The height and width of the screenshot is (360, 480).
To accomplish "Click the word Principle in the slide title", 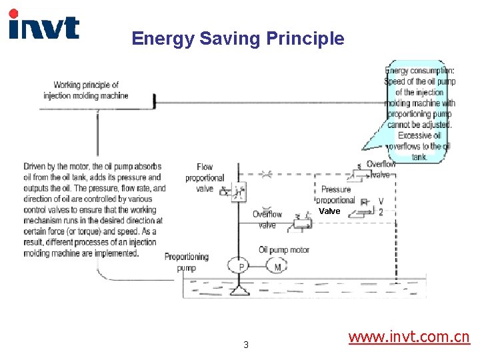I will [x=305, y=39].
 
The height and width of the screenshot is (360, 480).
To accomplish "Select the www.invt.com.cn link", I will [x=409, y=337].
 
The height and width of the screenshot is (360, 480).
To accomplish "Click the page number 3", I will [x=246, y=345].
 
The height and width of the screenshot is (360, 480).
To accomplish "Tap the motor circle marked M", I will [x=278, y=266].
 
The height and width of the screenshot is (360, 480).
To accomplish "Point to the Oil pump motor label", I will [x=284, y=250].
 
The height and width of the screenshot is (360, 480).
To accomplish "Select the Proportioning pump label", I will [x=187, y=262].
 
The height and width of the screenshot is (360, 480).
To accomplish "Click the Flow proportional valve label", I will [x=205, y=177].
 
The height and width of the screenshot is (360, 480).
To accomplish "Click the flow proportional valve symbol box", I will [x=238, y=192].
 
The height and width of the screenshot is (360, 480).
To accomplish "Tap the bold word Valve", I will [x=329, y=211].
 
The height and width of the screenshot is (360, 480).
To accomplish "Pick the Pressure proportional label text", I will [x=335, y=195].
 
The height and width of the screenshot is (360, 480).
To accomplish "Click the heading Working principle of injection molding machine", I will [x=86, y=90].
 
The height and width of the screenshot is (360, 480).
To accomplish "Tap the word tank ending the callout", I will [x=419, y=157].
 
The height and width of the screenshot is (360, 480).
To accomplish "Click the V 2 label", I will [x=381, y=207].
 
